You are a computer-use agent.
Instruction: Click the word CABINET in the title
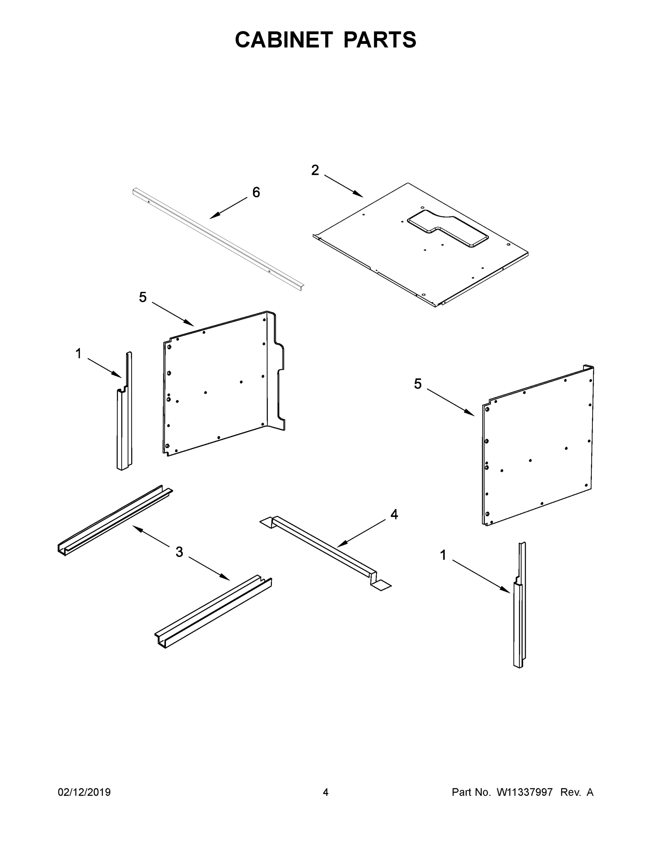coord(284,40)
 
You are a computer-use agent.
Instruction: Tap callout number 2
coord(315,170)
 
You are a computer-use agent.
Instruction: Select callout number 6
coord(256,192)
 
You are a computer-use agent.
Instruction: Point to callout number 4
coord(394,514)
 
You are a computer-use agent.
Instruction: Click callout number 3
coord(179,552)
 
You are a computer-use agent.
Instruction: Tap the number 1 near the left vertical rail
coord(78,353)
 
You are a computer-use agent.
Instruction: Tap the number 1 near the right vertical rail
coord(443,555)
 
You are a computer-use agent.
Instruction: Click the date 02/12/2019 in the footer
coord(84,792)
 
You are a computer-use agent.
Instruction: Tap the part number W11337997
coord(525,792)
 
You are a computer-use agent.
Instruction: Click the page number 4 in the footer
coord(326,792)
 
